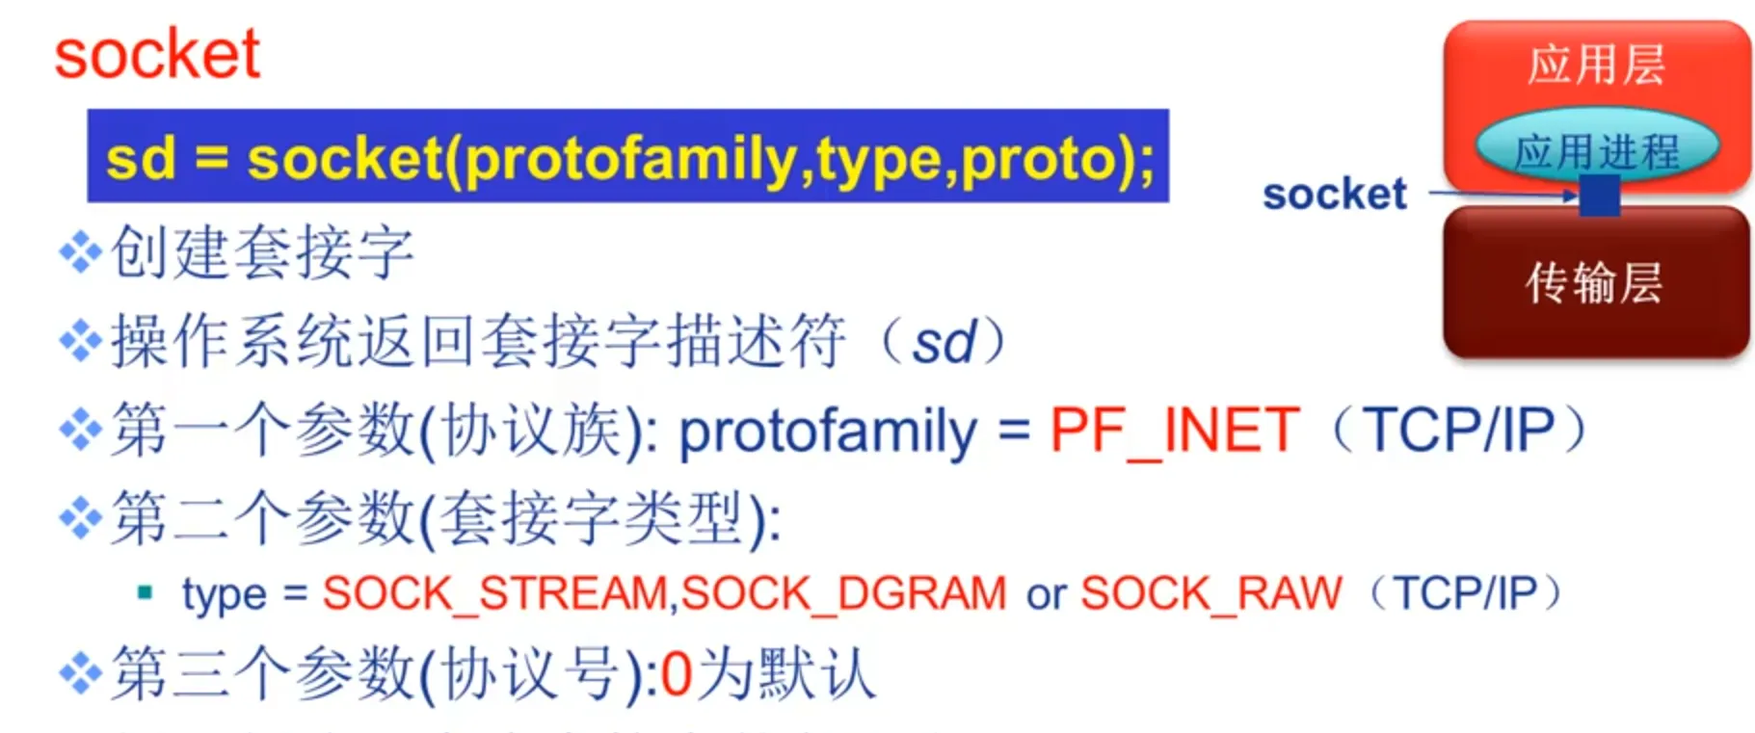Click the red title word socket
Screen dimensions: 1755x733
point(157,54)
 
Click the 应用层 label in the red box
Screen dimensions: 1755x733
point(1596,65)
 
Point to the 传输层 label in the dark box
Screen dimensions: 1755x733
point(1594,283)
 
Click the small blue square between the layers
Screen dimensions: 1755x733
point(1599,196)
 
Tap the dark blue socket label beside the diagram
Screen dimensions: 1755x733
point(1334,195)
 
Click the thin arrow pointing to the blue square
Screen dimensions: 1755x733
point(1502,194)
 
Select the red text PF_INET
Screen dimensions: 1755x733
point(1175,430)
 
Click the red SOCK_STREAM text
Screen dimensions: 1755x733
point(495,593)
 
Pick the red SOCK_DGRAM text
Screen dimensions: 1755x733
point(843,593)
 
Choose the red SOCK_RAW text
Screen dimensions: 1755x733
point(1210,593)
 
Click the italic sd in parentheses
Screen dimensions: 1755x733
point(944,343)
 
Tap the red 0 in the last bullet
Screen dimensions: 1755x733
point(677,674)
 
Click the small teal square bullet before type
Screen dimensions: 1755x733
point(146,592)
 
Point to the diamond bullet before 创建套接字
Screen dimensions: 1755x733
point(81,253)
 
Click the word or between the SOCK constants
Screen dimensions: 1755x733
point(1046,595)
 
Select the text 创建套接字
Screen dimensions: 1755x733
point(262,252)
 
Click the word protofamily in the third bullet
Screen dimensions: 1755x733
point(828,432)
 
